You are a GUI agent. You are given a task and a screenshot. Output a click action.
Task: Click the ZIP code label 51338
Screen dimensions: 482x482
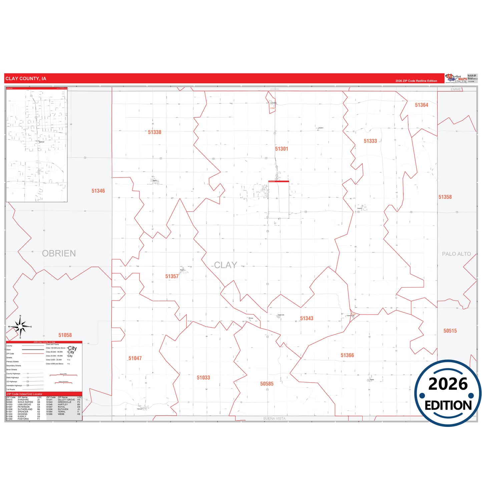pyautogui.click(x=154, y=132)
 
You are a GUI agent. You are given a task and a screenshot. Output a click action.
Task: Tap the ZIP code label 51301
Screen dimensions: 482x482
pyautogui.click(x=282, y=149)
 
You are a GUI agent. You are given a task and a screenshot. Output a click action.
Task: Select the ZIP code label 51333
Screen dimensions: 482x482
pyautogui.click(x=370, y=141)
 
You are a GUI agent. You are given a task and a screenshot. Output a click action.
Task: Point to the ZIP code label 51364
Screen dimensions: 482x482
pyautogui.click(x=421, y=105)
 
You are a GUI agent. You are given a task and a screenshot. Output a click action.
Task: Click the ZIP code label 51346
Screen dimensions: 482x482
pyautogui.click(x=98, y=191)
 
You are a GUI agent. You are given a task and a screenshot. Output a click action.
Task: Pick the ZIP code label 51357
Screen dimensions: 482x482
pyautogui.click(x=172, y=276)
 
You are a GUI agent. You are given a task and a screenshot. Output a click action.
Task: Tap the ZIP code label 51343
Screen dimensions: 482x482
pyautogui.click(x=307, y=319)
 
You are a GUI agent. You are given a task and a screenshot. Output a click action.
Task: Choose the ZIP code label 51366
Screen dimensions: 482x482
pyautogui.click(x=347, y=355)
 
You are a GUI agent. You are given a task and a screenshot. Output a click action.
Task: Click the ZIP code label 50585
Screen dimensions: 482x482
pyautogui.click(x=267, y=384)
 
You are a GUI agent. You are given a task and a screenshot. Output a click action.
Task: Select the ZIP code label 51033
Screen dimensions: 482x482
pyautogui.click(x=203, y=378)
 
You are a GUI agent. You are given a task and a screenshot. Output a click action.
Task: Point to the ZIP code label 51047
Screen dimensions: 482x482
pyautogui.click(x=135, y=358)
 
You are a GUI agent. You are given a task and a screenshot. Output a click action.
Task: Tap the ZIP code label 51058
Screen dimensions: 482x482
pyautogui.click(x=65, y=335)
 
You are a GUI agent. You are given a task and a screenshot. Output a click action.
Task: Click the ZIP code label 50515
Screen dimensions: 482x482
pyautogui.click(x=450, y=331)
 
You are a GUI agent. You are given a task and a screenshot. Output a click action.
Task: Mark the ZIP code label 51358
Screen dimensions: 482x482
pyautogui.click(x=445, y=197)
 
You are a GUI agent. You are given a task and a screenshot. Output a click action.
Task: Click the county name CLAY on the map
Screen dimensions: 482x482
pyautogui.click(x=225, y=265)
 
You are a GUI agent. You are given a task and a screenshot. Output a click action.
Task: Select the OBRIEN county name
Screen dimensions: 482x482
pyautogui.click(x=59, y=254)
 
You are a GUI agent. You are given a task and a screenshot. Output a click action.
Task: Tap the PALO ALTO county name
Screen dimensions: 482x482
pyautogui.click(x=456, y=254)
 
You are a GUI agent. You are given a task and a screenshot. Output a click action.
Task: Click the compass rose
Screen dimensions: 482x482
pyautogui.click(x=20, y=327)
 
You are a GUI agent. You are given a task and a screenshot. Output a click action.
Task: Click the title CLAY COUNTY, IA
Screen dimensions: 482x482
pyautogui.click(x=26, y=79)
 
